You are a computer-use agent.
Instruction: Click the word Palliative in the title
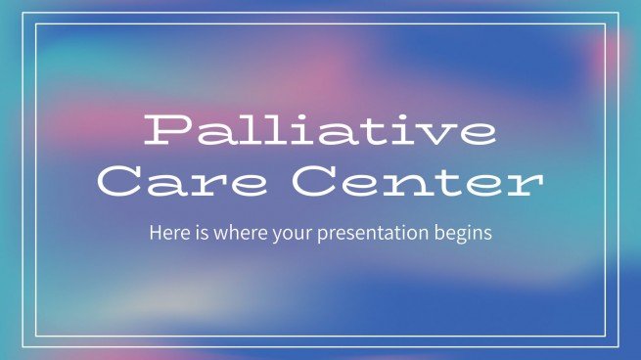pyautogui.click(x=319, y=131)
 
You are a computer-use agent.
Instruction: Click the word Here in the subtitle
pyautogui.click(x=166, y=235)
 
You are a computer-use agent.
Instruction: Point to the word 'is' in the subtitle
pyautogui.click(x=195, y=235)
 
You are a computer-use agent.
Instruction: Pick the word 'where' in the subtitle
pyautogui.click(x=229, y=235)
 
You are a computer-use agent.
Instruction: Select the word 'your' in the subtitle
pyautogui.click(x=278, y=236)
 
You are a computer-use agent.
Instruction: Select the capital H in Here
pyautogui.click(x=155, y=235)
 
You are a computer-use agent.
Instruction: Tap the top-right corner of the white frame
pyautogui.click(x=619, y=13)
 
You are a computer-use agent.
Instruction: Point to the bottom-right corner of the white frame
pyautogui.click(x=619, y=345)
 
